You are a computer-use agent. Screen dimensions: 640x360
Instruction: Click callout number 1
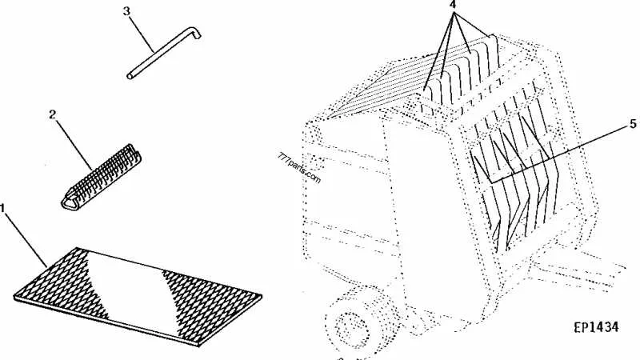tap(2, 209)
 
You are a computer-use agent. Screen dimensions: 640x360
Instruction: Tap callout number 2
tap(52, 114)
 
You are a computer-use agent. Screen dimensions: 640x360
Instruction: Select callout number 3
tap(126, 11)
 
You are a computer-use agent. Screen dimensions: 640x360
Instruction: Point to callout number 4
tap(452, 4)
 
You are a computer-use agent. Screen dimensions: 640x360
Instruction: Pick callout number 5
tap(633, 124)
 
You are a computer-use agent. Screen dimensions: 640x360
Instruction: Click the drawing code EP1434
tap(596, 327)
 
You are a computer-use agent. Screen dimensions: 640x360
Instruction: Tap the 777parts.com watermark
tap(299, 168)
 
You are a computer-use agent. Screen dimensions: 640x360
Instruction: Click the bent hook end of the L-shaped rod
tap(194, 32)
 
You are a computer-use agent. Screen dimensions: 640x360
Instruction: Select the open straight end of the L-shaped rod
tap(130, 76)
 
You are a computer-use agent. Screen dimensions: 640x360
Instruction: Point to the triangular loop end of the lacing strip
tap(70, 201)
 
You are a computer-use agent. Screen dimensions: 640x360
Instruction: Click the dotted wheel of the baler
tap(351, 322)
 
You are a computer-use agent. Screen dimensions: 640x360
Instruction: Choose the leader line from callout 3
tap(142, 34)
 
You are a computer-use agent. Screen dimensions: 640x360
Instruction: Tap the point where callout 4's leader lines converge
tap(453, 11)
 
